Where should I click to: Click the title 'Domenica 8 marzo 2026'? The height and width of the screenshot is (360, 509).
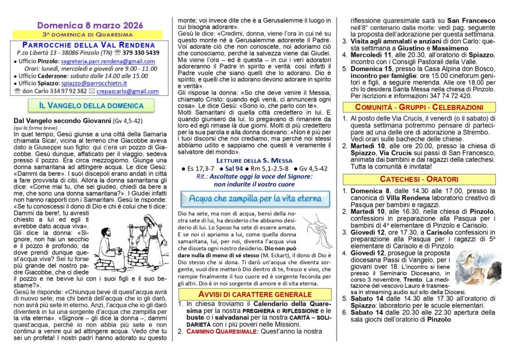(89, 25)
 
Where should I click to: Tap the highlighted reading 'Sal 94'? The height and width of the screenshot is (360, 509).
(235, 168)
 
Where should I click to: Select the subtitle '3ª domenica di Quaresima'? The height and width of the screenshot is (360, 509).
(89, 35)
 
